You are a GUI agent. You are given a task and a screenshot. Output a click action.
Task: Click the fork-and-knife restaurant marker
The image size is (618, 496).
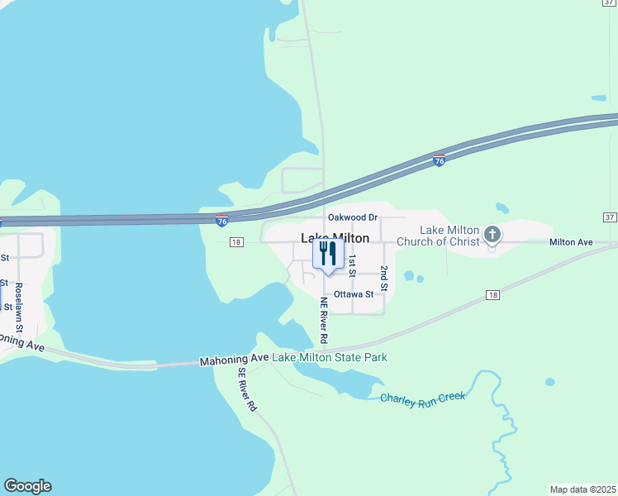click(328, 255)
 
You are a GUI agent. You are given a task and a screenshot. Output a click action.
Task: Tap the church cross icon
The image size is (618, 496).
click(492, 235)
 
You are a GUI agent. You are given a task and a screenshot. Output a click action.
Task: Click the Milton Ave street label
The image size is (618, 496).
click(572, 242)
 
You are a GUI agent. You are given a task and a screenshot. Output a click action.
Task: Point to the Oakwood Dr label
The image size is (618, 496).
click(352, 217)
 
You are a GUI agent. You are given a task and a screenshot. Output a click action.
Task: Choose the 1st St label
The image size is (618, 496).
click(352, 265)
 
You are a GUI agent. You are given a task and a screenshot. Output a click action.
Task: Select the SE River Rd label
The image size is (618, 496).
click(248, 390)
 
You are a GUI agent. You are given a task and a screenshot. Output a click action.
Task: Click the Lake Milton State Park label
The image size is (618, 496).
click(330, 357)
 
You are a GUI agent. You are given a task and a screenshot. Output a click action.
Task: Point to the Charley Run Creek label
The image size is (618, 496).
click(423, 398)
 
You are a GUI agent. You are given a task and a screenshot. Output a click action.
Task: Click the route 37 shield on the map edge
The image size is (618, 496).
click(610, 217)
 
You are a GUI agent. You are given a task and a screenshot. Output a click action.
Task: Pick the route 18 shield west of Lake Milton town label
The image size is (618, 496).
click(237, 242)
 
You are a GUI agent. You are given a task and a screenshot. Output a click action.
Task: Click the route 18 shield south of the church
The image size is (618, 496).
click(493, 295)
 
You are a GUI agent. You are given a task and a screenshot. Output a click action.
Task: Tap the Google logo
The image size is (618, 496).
click(27, 486)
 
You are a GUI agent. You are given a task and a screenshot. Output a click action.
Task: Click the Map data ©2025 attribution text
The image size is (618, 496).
click(583, 489)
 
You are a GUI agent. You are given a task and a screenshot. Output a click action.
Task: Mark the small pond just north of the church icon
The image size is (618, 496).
click(502, 208)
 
